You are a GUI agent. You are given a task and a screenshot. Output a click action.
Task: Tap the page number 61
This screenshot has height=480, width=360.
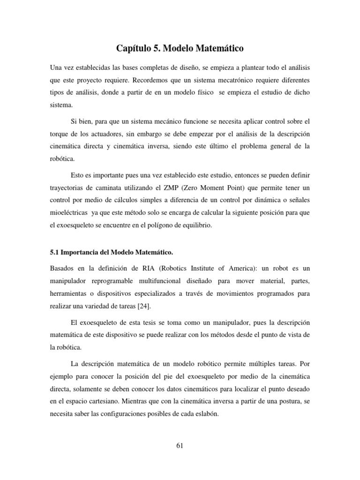(180, 446)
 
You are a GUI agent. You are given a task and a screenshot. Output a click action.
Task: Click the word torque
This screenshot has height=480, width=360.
(59, 134)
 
